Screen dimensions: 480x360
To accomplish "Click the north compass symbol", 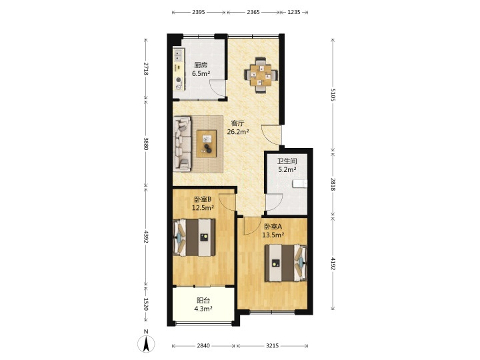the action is point(146,344).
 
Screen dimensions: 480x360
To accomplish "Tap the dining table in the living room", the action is point(261,75).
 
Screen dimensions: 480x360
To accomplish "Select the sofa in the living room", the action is point(182,143).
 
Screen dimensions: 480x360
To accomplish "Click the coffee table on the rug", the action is point(207,143).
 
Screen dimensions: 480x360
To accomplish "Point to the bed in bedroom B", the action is point(194,237).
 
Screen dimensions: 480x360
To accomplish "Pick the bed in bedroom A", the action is point(286,263).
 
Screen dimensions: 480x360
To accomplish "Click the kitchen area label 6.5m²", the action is point(201,73).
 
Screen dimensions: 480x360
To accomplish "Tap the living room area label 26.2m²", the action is point(238,132).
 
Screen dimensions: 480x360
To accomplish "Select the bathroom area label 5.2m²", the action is point(287,169).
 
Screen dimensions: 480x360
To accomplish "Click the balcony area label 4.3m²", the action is point(203,309).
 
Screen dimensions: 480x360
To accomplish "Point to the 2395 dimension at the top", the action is point(199,12).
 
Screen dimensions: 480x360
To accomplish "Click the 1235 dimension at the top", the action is point(294,12).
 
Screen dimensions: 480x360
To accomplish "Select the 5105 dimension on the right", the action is point(333,95).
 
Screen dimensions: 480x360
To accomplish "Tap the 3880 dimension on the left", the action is point(146,143).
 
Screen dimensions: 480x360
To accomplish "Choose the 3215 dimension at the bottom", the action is point(272,345).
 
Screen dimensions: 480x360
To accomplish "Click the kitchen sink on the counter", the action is point(178,56).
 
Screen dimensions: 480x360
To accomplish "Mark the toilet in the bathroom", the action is point(300,184).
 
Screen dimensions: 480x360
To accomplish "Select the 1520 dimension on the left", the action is point(146,304).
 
